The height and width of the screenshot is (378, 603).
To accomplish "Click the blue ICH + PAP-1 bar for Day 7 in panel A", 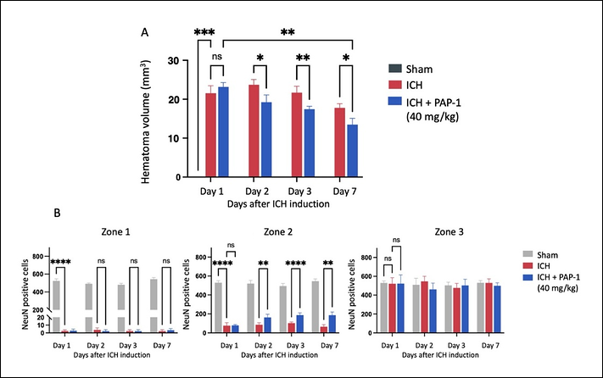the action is [x=352, y=151].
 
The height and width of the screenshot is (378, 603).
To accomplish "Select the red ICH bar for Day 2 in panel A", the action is [x=254, y=131].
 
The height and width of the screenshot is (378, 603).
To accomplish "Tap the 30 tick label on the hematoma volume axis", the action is [x=174, y=61].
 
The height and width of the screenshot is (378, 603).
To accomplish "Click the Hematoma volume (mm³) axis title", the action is [x=145, y=122].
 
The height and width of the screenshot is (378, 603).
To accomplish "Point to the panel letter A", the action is [x=144, y=33].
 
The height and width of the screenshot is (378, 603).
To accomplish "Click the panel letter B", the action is [x=57, y=213].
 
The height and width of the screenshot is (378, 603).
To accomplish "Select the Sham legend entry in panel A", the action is [x=410, y=69].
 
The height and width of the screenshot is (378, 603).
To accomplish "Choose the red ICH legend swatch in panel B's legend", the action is [x=528, y=266].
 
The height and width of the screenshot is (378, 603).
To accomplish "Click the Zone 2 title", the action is [x=277, y=231].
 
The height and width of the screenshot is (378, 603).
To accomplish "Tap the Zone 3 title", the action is [x=449, y=231].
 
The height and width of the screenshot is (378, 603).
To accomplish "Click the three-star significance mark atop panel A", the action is [x=204, y=32].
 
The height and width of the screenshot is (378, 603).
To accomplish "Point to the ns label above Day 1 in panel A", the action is [x=217, y=57].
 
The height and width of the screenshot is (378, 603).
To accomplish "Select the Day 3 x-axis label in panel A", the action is [x=299, y=192].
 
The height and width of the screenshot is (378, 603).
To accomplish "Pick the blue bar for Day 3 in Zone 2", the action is [x=299, y=324].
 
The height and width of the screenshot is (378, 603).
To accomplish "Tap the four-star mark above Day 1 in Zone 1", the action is [x=60, y=263].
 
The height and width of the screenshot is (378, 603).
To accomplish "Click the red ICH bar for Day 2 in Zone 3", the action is [x=424, y=307].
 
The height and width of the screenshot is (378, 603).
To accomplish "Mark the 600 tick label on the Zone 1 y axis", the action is [x=37, y=275].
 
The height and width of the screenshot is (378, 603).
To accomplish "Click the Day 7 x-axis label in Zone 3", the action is [x=490, y=345].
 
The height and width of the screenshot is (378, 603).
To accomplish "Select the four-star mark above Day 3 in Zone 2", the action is [x=295, y=264].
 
